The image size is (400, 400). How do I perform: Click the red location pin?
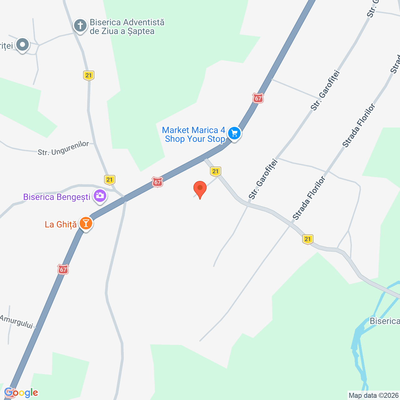click(200, 189)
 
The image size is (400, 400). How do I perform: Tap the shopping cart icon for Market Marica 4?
click(234, 134)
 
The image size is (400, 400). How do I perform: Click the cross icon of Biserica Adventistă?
click(80, 26)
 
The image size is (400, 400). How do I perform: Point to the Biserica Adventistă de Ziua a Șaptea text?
click(127, 27)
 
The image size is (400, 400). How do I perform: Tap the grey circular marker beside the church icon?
click(22, 45)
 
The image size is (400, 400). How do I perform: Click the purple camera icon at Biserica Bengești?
click(100, 196)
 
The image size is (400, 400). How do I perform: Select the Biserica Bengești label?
click(57, 197)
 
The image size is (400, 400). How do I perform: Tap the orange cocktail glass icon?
click(86, 223)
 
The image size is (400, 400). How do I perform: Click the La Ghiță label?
click(61, 224)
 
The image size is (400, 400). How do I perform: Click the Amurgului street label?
click(17, 322)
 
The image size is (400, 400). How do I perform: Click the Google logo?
click(21, 393)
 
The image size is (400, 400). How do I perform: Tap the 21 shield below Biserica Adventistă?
click(89, 75)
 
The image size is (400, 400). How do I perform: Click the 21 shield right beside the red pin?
click(215, 171)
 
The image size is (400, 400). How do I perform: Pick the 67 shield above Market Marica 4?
click(258, 98)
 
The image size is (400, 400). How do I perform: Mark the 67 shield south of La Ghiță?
click(63, 269)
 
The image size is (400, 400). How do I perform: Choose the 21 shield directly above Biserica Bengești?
click(109, 180)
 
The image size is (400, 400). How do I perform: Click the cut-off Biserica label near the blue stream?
click(384, 321)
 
